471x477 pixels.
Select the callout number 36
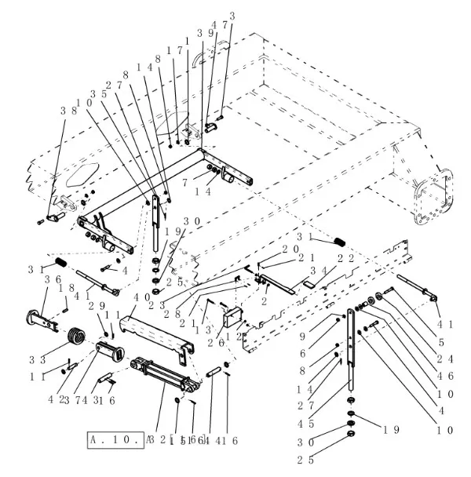pos(53,279)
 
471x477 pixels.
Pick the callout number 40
pos(141,298)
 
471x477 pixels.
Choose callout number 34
pos(317,271)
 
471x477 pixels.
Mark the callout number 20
pos(290,249)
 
